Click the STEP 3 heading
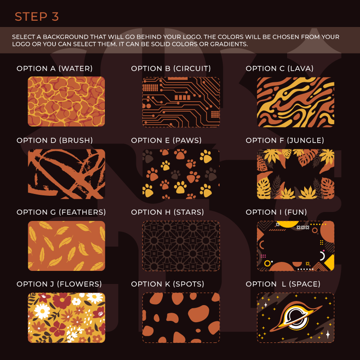pos(37,17)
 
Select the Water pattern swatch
pos(66,102)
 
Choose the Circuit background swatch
pos(181,102)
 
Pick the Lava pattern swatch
pos(296,102)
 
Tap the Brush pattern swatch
pos(66,174)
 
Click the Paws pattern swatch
pos(181,174)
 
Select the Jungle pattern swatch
pos(296,174)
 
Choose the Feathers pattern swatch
pos(66,246)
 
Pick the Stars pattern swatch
pos(181,246)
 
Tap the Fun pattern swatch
pos(296,246)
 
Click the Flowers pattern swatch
pos(66,318)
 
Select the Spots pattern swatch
pos(181,318)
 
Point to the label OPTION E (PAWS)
pos(166,140)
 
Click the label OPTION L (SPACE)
pos(283,284)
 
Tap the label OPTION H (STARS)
pos(167,212)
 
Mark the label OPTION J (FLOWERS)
pos(59,284)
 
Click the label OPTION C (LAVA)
pos(279,68)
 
